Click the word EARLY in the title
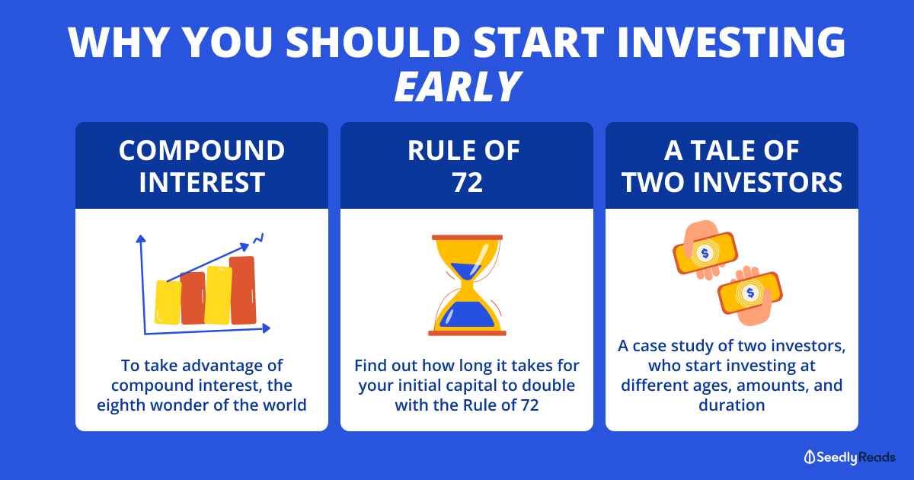(x=458, y=87)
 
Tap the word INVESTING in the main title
(x=731, y=42)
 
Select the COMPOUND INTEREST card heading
(x=202, y=166)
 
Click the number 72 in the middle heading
(x=467, y=182)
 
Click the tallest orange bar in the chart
(x=243, y=290)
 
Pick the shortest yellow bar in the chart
(x=168, y=302)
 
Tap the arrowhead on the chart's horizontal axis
(x=266, y=328)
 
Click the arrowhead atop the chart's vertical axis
(x=141, y=238)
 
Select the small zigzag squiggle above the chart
(x=258, y=238)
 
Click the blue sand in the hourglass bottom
(x=467, y=314)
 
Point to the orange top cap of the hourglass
(x=467, y=237)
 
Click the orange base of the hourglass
(x=467, y=333)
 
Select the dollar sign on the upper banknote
(x=705, y=254)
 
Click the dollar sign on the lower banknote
(x=750, y=293)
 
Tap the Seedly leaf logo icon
(x=810, y=457)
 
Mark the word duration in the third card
(x=732, y=405)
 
